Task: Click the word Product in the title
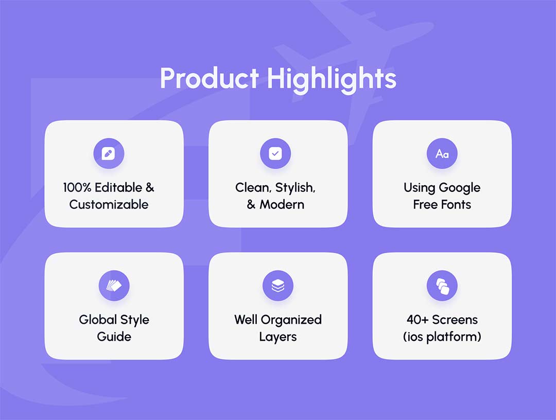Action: [210, 78]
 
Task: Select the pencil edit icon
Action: [109, 153]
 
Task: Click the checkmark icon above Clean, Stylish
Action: [275, 153]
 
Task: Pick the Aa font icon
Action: [442, 154]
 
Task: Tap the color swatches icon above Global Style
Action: [114, 285]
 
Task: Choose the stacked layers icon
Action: [278, 286]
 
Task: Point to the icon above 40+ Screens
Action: [442, 286]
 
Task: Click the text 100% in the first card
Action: [77, 187]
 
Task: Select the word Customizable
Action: [109, 204]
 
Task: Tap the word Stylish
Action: [295, 188]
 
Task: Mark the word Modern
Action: [282, 204]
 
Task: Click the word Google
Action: [460, 188]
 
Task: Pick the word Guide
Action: [114, 337]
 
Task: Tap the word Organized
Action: [291, 320]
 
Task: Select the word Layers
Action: [278, 337]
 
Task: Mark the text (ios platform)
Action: [442, 337]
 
